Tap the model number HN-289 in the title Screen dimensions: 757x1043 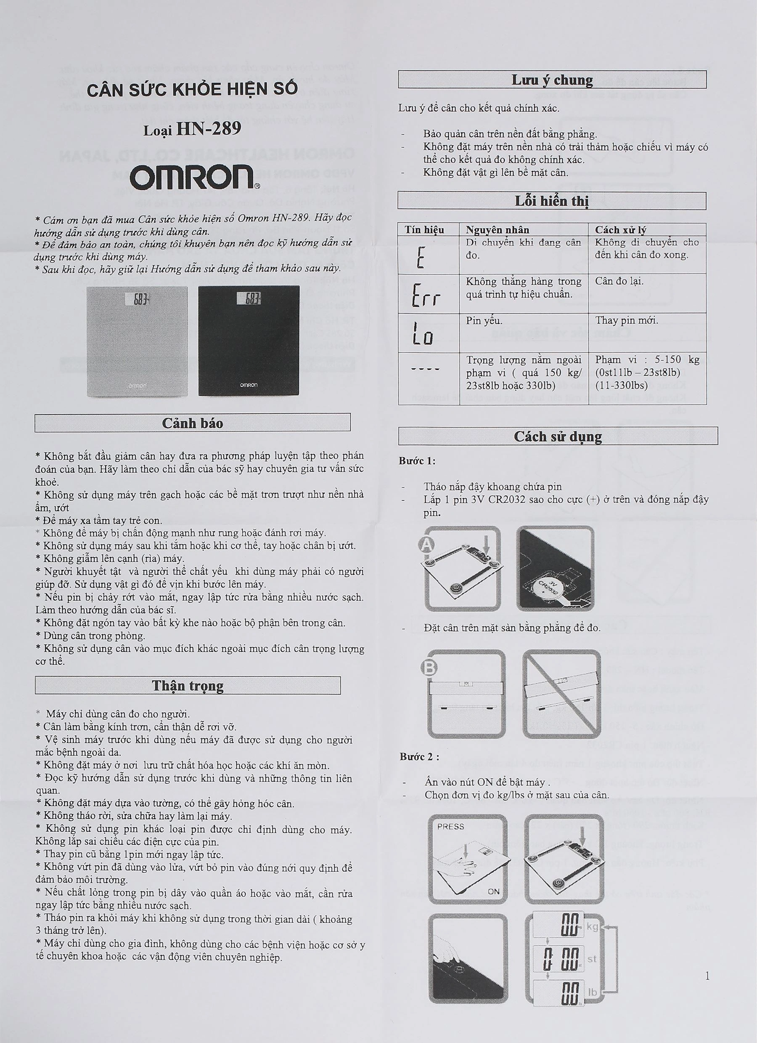coord(209,129)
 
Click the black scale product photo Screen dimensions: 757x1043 coord(249,341)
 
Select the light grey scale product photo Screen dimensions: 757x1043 coord(137,341)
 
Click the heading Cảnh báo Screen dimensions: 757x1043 coord(193,423)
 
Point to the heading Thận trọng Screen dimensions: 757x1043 coord(188,685)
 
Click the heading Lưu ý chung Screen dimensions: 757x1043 coord(552,80)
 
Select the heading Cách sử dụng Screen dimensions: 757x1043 coord(558,436)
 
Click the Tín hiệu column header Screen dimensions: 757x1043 coord(424,229)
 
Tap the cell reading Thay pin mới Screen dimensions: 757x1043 coord(627,320)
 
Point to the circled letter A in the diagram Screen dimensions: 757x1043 coord(426,545)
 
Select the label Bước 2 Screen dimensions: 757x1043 coord(419,756)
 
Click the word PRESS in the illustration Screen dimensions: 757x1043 coord(450,826)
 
